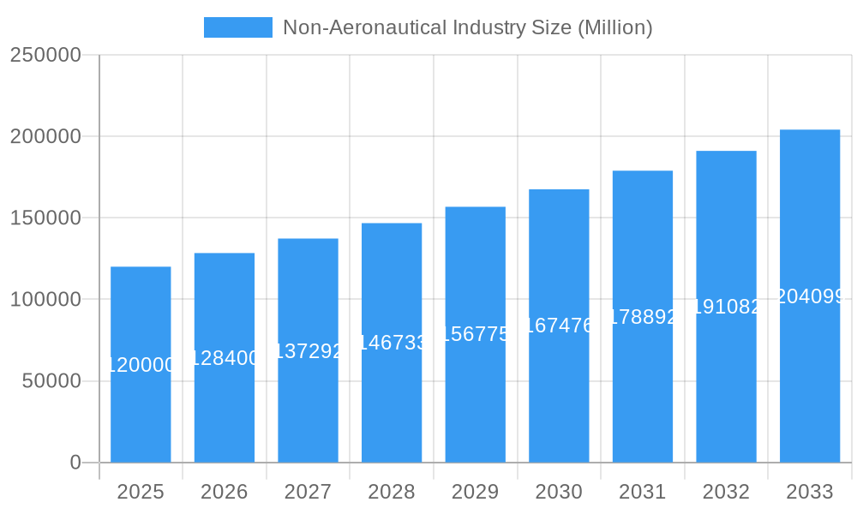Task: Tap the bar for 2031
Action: pyautogui.click(x=643, y=385)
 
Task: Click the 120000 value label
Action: pyautogui.click(x=141, y=365)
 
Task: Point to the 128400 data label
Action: pyautogui.click(x=225, y=358)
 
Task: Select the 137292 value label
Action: pyautogui.click(x=308, y=351)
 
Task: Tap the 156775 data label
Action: pyautogui.click(x=476, y=334)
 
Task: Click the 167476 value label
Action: pyautogui.click(x=559, y=326)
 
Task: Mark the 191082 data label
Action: pyautogui.click(x=726, y=307)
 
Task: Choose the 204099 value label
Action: pyautogui.click(x=810, y=296)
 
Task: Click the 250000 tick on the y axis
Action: pyautogui.click(x=45, y=55)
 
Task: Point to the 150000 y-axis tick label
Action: pyautogui.click(x=45, y=218)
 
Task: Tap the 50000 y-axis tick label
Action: pyautogui.click(x=51, y=381)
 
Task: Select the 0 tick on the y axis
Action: pyautogui.click(x=75, y=463)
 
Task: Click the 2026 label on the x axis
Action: pyautogui.click(x=225, y=493)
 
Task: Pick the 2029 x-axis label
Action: pyautogui.click(x=476, y=493)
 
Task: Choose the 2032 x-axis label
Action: pyautogui.click(x=726, y=493)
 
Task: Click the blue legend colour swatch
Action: pyautogui.click(x=237, y=27)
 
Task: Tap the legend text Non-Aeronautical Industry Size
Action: pyautogui.click(x=467, y=27)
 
